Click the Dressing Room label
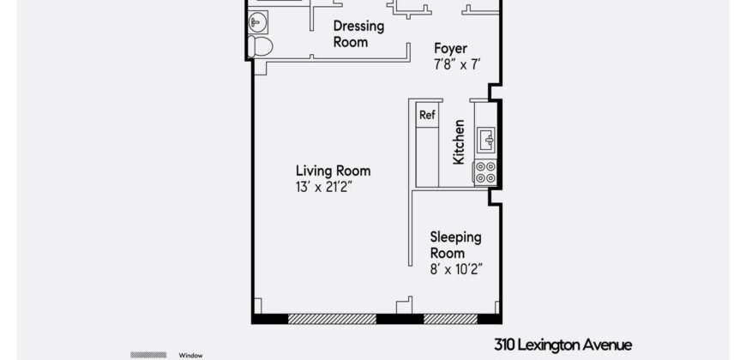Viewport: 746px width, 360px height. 358,33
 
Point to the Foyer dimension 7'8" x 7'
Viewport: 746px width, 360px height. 459,64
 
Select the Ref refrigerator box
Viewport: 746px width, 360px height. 427,114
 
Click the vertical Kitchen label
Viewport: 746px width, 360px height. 459,142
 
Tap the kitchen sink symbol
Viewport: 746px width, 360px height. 485,137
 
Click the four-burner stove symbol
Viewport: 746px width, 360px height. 485,172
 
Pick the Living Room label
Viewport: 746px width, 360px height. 334,170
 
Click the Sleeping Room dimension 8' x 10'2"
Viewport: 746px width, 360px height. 456,269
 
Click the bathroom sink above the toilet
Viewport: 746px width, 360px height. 257,21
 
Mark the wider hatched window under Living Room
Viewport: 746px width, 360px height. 332,319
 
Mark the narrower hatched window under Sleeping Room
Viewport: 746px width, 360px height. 450,319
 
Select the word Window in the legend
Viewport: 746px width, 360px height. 190,355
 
